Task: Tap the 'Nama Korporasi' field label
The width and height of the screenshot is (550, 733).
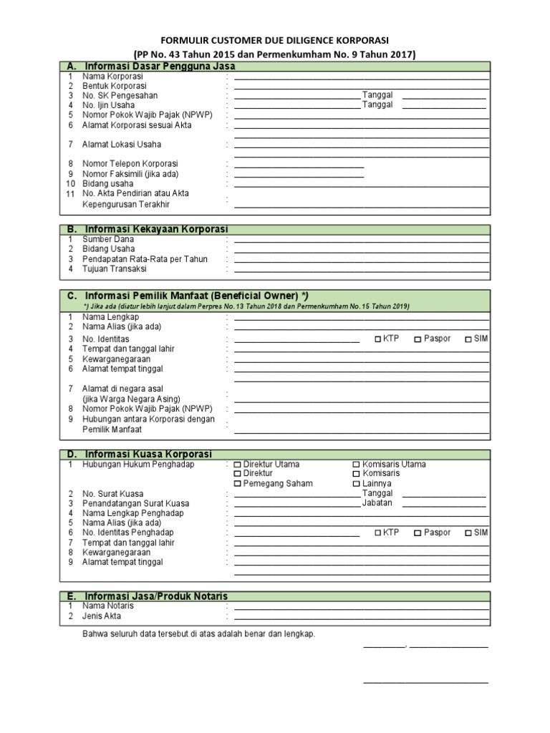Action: (x=113, y=76)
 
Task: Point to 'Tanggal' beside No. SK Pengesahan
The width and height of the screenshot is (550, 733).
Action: (x=377, y=95)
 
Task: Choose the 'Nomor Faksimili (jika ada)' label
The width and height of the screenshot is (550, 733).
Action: (x=130, y=174)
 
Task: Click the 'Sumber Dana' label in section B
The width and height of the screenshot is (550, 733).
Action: (x=108, y=239)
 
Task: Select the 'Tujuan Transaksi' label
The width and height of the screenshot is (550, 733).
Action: (x=115, y=269)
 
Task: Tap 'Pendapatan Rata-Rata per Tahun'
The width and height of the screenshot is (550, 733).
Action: (x=145, y=259)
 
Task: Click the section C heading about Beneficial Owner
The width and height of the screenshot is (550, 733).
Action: (x=197, y=296)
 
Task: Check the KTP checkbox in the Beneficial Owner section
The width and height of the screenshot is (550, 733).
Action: (x=378, y=339)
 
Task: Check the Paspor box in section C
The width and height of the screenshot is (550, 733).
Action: (x=418, y=339)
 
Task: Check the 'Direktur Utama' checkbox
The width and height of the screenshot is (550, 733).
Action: (x=238, y=465)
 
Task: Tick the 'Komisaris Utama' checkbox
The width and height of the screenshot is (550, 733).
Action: (x=357, y=465)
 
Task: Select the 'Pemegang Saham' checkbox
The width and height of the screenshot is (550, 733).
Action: (x=238, y=484)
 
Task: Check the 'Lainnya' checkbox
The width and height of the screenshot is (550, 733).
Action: (x=357, y=484)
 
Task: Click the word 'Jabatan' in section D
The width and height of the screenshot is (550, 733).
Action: (x=377, y=503)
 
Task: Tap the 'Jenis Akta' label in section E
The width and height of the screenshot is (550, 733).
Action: (x=102, y=616)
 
